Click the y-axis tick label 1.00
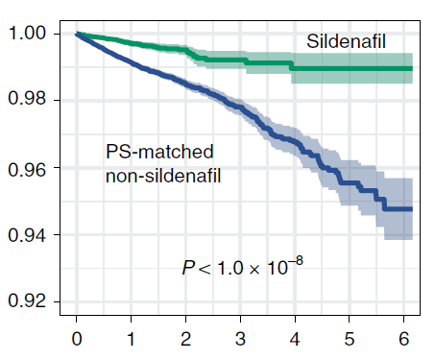pyautogui.click(x=27, y=33)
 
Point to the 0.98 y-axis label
pyautogui.click(x=27, y=98)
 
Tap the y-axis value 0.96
pyautogui.click(x=27, y=170)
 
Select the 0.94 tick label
pyautogui.click(x=27, y=235)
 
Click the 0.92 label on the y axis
pyautogui.click(x=27, y=300)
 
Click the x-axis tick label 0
pyautogui.click(x=77, y=339)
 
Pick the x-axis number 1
pyautogui.click(x=131, y=339)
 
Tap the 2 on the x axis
pyautogui.click(x=185, y=339)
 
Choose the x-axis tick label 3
pyautogui.click(x=240, y=339)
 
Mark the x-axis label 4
pyautogui.click(x=295, y=339)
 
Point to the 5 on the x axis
pyautogui.click(x=350, y=339)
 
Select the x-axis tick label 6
pyautogui.click(x=404, y=339)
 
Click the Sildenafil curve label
pyautogui.click(x=346, y=41)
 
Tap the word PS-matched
pyautogui.click(x=159, y=152)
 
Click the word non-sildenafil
pyautogui.click(x=163, y=176)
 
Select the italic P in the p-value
pyautogui.click(x=188, y=268)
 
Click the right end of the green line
pyautogui.click(x=412, y=68)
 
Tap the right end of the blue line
pyautogui.click(x=412, y=209)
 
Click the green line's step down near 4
pyautogui.click(x=291, y=66)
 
